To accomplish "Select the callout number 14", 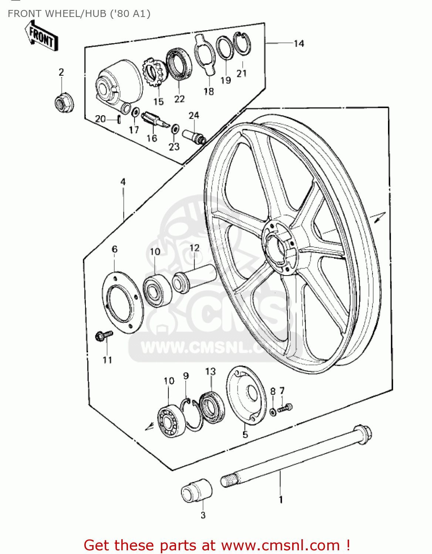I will (299, 44).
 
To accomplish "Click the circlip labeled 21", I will (242, 44).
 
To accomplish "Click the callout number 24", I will (194, 116).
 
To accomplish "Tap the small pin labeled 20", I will (119, 119).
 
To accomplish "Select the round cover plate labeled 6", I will (122, 302).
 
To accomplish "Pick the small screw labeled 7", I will (285, 408).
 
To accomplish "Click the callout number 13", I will (210, 372).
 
